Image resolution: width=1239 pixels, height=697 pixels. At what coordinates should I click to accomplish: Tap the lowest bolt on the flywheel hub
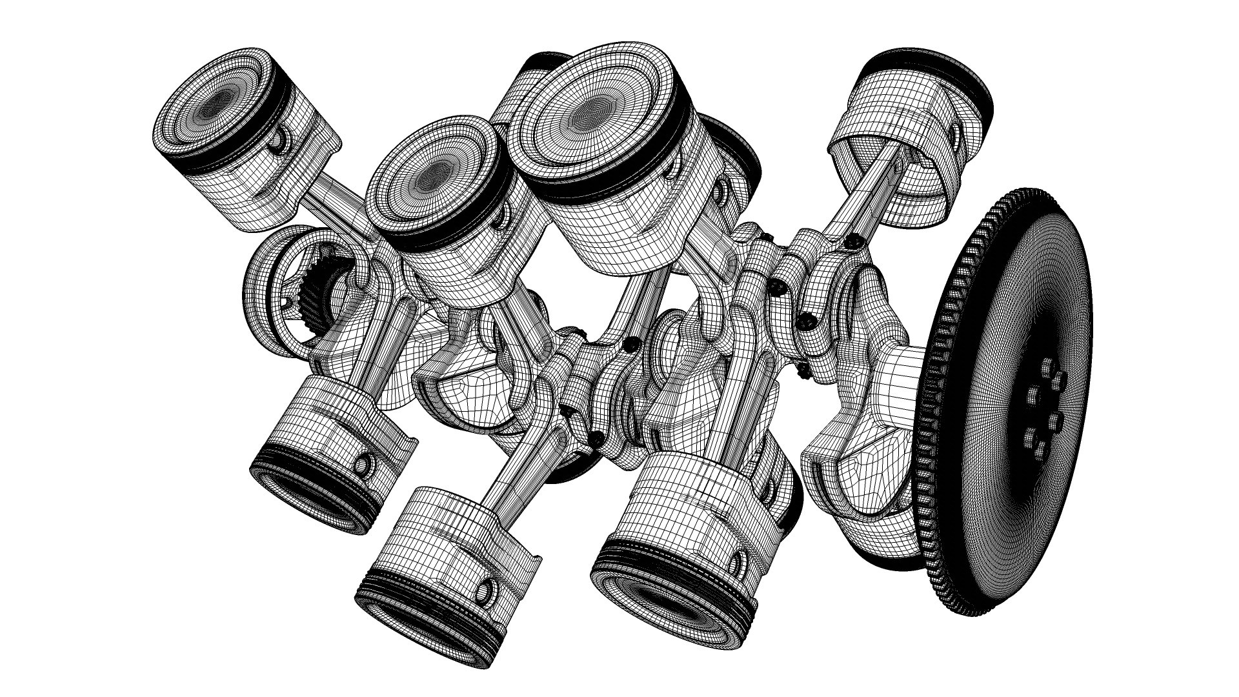[1031, 438]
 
